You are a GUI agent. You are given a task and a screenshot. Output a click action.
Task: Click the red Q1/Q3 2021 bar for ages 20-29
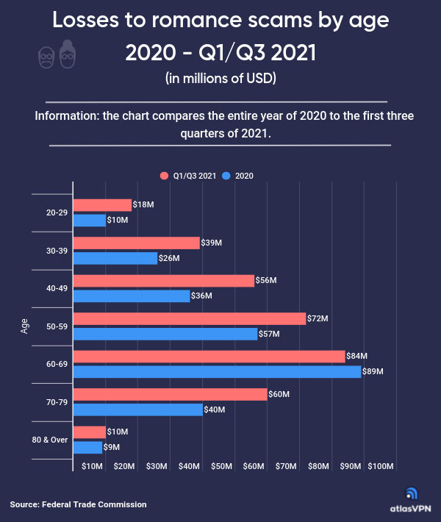pos(102,205)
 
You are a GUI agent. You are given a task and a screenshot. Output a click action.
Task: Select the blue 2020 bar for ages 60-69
pos(217,372)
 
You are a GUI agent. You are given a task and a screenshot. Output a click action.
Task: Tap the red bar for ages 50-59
pos(189,318)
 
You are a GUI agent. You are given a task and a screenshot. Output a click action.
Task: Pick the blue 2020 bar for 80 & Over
pos(87,447)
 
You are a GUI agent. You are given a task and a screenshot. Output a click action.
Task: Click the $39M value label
pos(212,243)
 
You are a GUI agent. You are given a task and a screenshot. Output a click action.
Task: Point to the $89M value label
pos(374,372)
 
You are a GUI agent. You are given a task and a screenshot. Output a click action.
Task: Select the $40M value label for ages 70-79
pos(215,410)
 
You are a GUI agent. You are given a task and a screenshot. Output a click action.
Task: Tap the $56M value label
pos(266,280)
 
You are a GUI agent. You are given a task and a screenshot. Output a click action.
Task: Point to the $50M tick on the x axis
pos(221,467)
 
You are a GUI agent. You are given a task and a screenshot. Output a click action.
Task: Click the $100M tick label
pos(381,467)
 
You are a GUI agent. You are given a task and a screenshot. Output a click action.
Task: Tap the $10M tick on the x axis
pos(92,467)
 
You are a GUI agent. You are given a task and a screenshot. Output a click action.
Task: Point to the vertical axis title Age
pos(24,326)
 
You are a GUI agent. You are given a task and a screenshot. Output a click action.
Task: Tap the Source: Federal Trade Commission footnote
pos(78,504)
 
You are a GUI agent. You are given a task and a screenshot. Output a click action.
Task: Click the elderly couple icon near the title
pos(57,53)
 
